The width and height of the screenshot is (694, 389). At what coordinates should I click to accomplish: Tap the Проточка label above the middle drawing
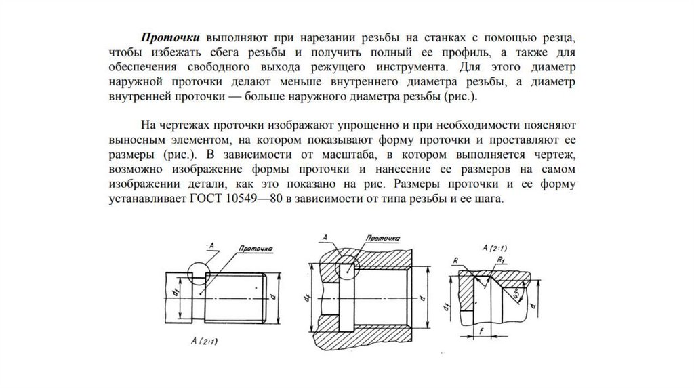pyautogui.click(x=382, y=239)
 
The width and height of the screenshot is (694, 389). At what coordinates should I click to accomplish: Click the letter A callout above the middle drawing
pyautogui.click(x=325, y=237)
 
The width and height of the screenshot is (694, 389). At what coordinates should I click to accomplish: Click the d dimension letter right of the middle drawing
pyautogui.click(x=422, y=298)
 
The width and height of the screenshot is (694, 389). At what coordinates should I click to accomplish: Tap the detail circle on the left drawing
pyautogui.click(x=200, y=277)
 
